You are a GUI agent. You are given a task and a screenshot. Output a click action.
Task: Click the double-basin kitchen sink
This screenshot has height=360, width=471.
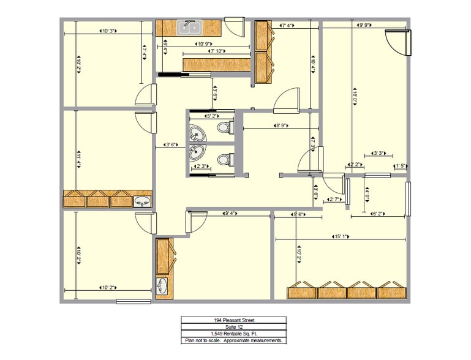click(190, 27)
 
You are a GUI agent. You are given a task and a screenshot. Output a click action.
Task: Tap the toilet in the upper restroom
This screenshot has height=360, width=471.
click(224, 127)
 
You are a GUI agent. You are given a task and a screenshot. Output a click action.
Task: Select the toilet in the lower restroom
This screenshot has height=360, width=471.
click(224, 160)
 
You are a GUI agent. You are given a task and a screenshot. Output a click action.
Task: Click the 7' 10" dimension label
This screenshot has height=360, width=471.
click(217, 51)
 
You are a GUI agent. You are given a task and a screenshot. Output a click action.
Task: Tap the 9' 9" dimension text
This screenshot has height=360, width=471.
click(366, 26)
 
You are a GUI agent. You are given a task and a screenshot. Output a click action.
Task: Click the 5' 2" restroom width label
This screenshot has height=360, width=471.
click(211, 115)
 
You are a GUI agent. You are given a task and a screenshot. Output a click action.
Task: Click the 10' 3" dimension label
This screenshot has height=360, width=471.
click(109, 31)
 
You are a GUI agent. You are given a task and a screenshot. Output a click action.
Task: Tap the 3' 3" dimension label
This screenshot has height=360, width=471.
click(378, 154)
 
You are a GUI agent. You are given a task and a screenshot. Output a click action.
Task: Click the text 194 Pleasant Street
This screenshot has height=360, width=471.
click(233, 320)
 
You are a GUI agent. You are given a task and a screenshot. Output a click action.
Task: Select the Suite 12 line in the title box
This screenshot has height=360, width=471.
click(233, 327)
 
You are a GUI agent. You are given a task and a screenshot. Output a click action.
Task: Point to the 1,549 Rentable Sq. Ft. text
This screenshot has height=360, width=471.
click(233, 334)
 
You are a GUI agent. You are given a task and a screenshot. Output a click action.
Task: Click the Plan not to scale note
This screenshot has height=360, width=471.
click(233, 340)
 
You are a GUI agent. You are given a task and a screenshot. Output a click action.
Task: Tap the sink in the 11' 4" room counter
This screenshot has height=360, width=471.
click(141, 200)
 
